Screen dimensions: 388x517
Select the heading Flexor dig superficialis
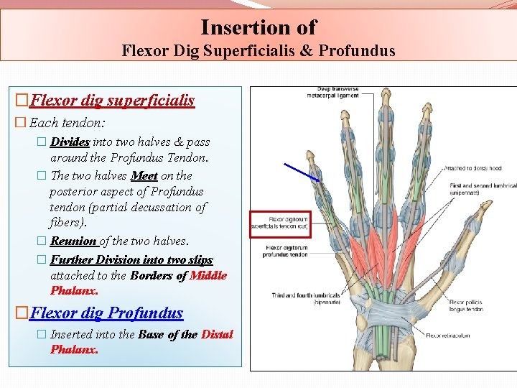point(113,100)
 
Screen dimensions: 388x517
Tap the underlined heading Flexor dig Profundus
point(107,313)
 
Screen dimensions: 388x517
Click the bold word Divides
point(70,142)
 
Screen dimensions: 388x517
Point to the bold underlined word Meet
point(144,175)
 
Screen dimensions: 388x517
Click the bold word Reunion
point(73,241)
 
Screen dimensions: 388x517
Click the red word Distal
point(217,334)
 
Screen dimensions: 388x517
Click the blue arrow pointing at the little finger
point(302,172)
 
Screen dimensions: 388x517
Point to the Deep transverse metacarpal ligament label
point(332,93)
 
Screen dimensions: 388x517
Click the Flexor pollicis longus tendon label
point(466,305)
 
